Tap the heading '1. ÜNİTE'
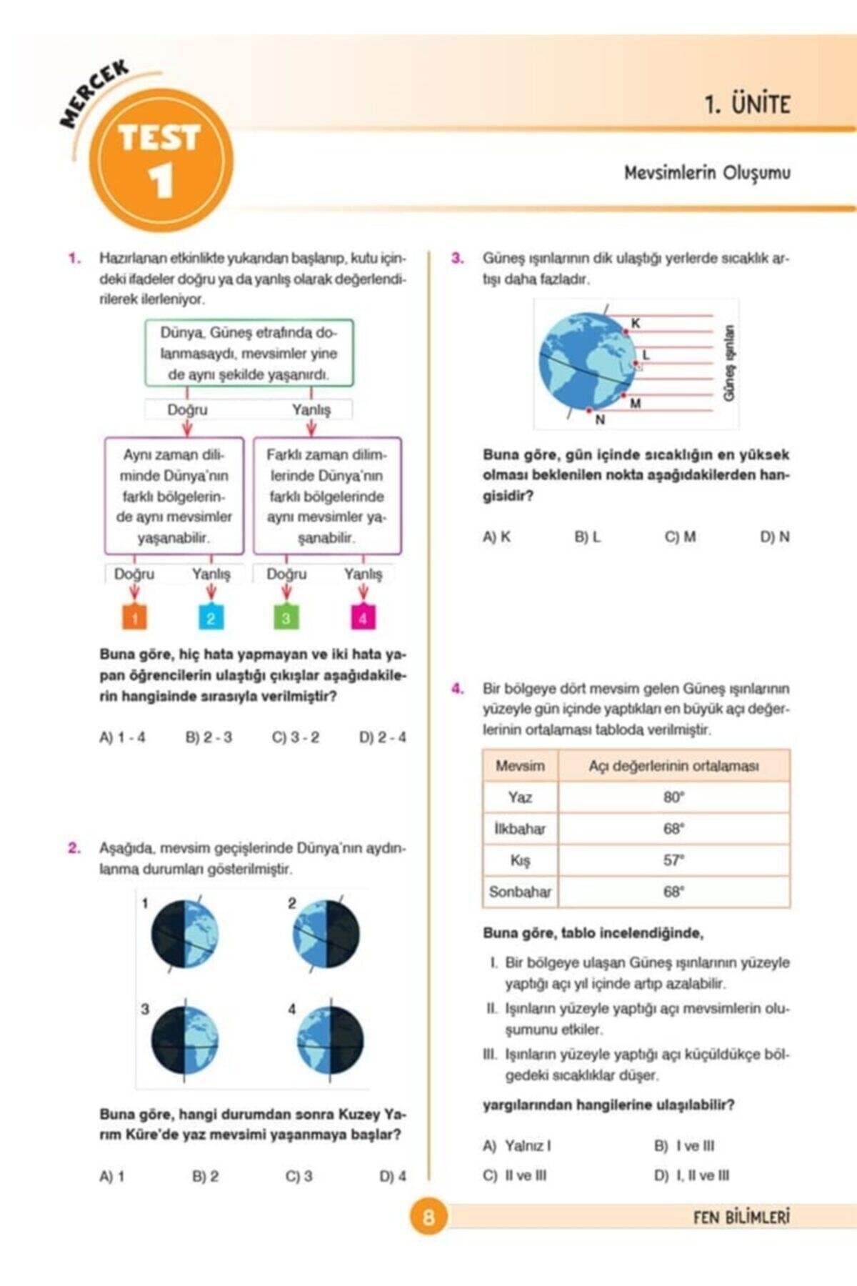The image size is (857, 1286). (x=747, y=104)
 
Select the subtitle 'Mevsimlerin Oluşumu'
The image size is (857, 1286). (x=707, y=173)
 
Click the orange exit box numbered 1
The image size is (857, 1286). (x=135, y=617)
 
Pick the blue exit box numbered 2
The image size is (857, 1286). (x=211, y=617)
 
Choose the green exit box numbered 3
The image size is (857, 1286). (x=286, y=617)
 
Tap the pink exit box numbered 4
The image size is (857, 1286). (x=363, y=617)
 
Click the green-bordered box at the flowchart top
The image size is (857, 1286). (x=249, y=354)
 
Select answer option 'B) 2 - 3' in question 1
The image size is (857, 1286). (x=209, y=737)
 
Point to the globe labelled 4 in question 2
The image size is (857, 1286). (x=330, y=1040)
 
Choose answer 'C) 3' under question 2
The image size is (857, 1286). (x=299, y=1176)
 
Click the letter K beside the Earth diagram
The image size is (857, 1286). (x=636, y=324)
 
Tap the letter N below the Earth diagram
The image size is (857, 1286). (x=600, y=420)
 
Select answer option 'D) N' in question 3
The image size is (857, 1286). (x=775, y=537)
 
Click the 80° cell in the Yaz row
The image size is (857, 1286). (x=673, y=797)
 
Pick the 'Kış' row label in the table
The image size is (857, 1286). (x=520, y=860)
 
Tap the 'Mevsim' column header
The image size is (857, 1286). (x=520, y=766)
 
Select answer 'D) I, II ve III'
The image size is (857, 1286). (x=692, y=1175)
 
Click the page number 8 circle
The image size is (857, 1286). (x=428, y=1217)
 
